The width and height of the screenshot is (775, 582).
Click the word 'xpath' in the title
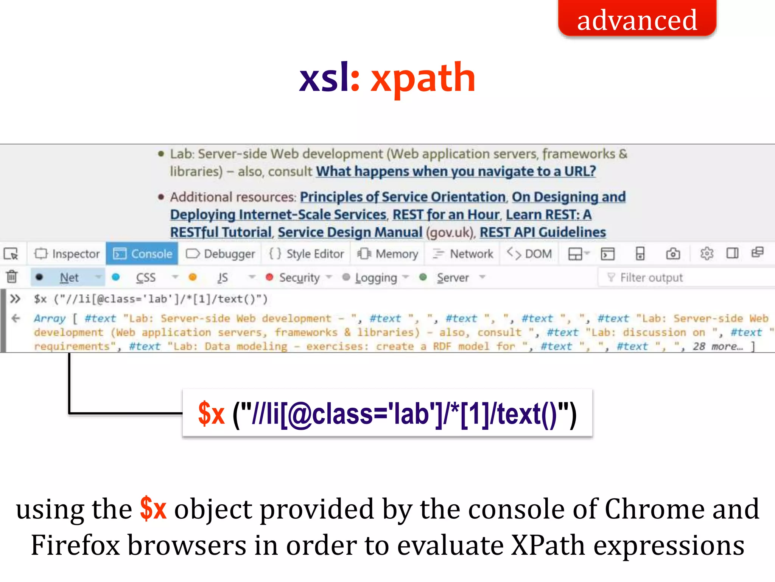[423, 78]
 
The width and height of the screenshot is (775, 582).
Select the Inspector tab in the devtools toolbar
[67, 254]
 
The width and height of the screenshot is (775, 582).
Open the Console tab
[143, 254]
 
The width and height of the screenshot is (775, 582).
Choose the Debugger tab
[221, 254]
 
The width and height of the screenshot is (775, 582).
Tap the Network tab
[463, 254]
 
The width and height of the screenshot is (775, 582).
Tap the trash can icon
[12, 277]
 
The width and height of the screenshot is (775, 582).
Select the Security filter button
[299, 278]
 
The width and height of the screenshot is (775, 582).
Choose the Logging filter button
[375, 278]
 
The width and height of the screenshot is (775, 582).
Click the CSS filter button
[145, 278]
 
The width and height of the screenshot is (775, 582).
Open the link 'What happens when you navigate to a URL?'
[456, 172]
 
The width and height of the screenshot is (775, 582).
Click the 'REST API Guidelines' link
[543, 232]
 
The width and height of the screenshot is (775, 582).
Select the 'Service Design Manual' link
[350, 232]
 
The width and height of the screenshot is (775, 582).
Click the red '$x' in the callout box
[212, 413]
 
